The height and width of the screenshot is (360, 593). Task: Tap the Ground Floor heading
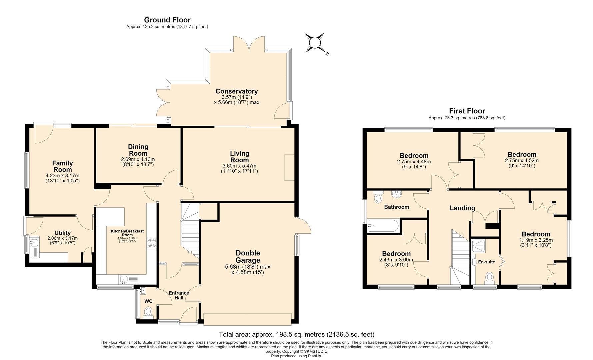pos(167,20)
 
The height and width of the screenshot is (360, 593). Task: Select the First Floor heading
pos(467,111)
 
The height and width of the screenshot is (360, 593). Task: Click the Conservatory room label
pos(237,91)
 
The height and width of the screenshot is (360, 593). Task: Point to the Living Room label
pos(240,157)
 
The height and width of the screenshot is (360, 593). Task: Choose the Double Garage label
pos(248,257)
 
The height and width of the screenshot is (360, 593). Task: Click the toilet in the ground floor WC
pos(148,312)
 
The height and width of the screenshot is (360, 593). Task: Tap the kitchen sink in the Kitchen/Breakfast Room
pos(128,279)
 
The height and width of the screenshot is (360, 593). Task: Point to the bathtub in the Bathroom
pos(383,226)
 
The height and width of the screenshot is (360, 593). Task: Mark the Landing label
pos(462,208)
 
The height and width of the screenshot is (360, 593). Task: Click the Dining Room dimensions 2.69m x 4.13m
pos(138,159)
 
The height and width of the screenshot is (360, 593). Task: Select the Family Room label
pos(62,166)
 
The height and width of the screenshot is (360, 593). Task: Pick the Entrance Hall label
pos(179,295)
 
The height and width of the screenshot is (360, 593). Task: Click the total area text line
pos(297,334)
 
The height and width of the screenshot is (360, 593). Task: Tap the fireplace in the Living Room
pos(289,167)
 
